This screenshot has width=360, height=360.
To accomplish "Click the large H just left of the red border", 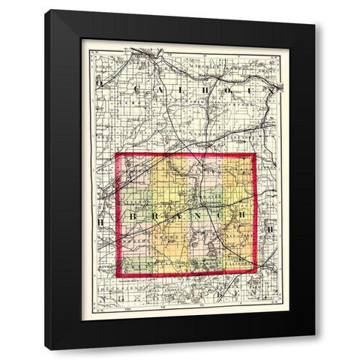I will (102, 223).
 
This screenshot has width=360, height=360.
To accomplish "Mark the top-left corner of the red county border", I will (117, 156).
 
